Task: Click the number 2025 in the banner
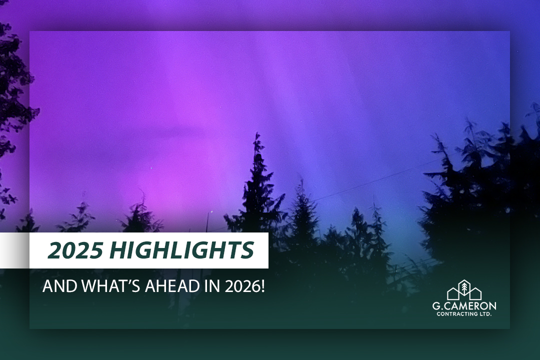point(74,250)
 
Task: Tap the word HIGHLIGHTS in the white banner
point(182,250)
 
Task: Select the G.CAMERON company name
point(464,306)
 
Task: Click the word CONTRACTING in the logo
point(457,314)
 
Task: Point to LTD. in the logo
point(486,314)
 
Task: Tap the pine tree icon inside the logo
point(464,287)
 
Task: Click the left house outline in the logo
point(453,293)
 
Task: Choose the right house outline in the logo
point(475,293)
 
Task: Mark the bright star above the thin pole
point(211,212)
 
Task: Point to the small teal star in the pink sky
point(150,168)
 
